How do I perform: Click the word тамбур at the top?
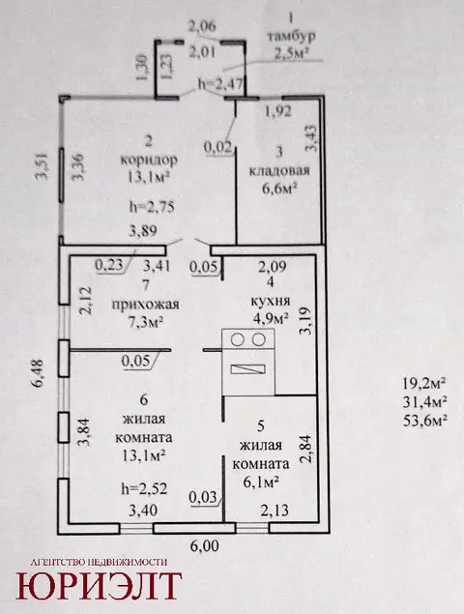(291, 36)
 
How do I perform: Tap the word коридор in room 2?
(149, 161)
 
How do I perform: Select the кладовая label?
(279, 171)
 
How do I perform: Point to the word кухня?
(270, 301)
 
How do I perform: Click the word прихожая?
(146, 305)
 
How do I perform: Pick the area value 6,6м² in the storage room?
(278, 189)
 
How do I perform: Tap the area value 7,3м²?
(146, 322)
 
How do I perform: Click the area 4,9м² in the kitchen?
(271, 318)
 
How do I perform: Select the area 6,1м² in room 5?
(261, 482)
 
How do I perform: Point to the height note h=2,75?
(152, 207)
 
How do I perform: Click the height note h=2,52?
(144, 488)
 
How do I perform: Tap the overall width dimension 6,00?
(203, 546)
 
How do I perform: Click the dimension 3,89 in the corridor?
(143, 230)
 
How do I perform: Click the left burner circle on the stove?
(237, 340)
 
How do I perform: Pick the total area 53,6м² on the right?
(424, 421)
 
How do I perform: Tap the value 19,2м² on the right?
(424, 383)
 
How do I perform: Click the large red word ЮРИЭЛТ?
(99, 586)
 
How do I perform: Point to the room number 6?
(144, 399)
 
